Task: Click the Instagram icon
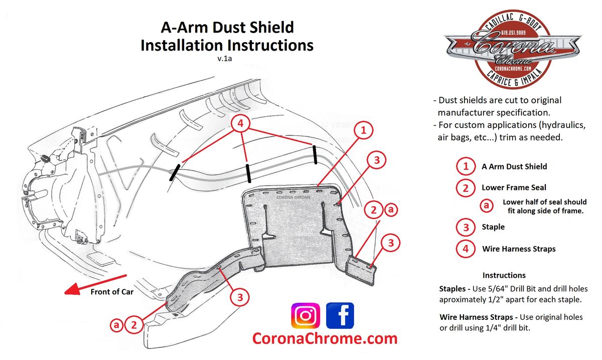(x=305, y=316)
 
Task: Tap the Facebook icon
(x=340, y=316)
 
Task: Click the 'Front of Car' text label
(x=112, y=291)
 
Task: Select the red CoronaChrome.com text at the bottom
(x=325, y=338)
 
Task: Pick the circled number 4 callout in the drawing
(x=241, y=123)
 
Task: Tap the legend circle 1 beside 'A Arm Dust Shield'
(x=466, y=166)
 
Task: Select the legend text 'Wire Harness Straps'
(x=519, y=249)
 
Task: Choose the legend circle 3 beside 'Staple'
(x=466, y=227)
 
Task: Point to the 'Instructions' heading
(x=504, y=275)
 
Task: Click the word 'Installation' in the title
(x=182, y=45)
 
